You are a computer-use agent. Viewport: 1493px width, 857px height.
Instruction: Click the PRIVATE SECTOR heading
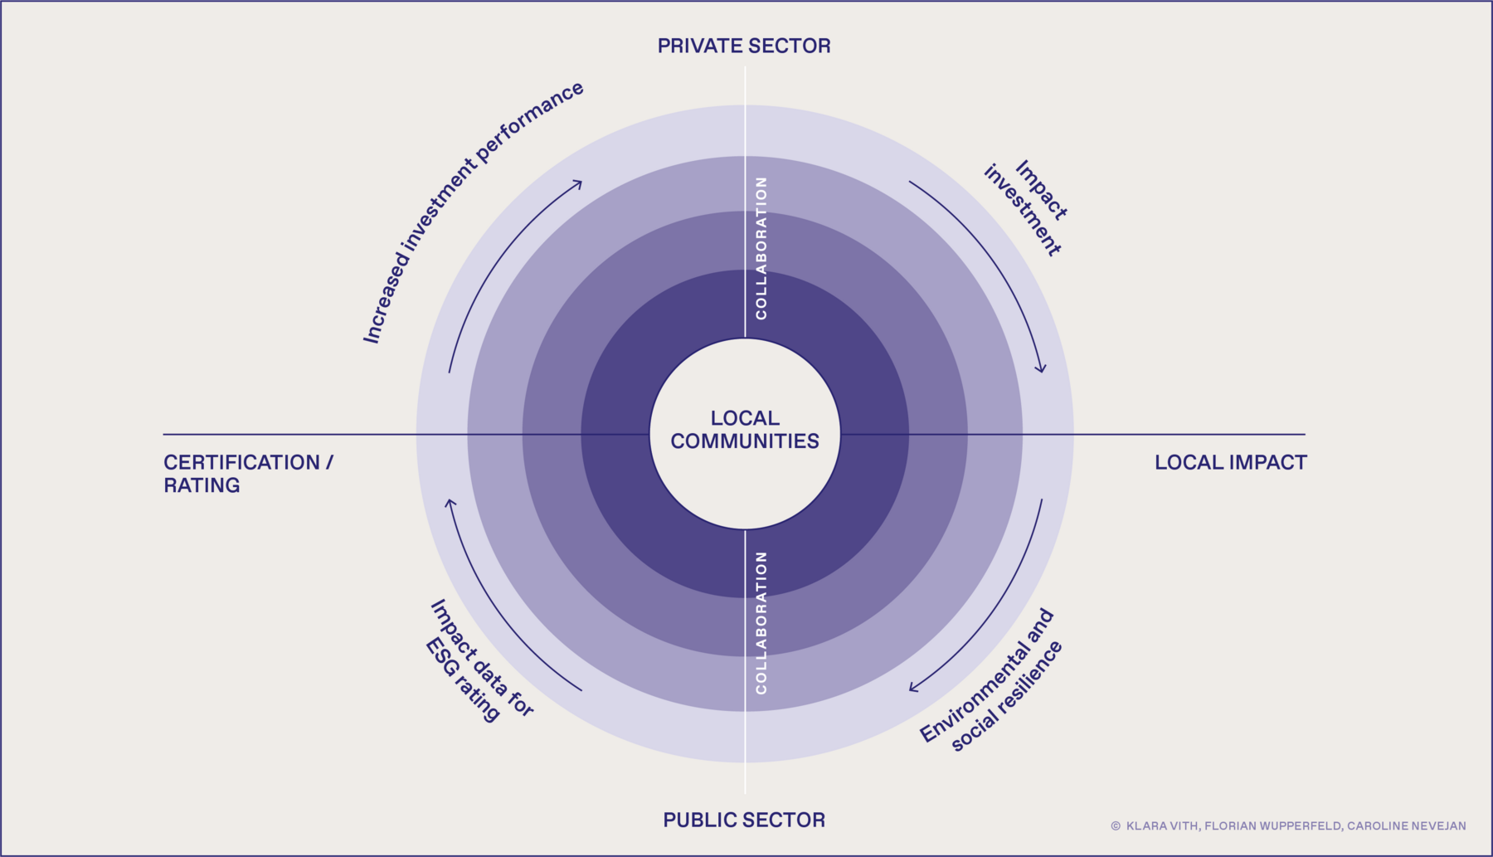tap(744, 46)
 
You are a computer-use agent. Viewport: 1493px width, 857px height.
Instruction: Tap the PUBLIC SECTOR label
tap(744, 820)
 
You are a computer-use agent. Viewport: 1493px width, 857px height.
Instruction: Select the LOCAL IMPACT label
tap(1230, 463)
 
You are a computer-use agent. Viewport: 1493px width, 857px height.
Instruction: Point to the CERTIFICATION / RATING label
tap(248, 474)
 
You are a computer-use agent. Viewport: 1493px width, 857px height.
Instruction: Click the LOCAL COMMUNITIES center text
tap(745, 430)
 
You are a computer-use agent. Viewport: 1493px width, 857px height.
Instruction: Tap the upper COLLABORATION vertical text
tap(761, 248)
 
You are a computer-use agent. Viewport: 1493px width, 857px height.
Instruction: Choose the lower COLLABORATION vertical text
tap(761, 622)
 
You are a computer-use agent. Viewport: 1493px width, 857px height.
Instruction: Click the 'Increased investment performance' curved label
tap(473, 212)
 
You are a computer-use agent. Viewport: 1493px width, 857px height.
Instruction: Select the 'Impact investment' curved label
tap(1026, 208)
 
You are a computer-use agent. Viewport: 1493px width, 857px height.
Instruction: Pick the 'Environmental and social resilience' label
tap(991, 682)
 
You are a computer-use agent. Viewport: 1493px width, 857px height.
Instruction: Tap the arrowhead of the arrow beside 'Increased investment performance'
tap(579, 183)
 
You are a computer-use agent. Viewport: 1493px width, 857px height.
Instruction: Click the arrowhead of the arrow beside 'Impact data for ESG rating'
tap(450, 502)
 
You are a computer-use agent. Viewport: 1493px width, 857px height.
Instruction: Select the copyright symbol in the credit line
tap(1116, 826)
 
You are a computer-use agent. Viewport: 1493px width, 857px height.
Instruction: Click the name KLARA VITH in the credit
tap(1161, 826)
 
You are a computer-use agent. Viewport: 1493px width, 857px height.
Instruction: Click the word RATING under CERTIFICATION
tap(202, 485)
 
